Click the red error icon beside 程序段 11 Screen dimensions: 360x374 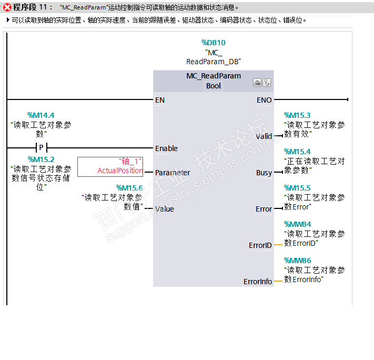(x=7, y=7)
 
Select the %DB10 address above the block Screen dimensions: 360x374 (x=213, y=43)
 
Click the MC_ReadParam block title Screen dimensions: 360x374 (x=213, y=76)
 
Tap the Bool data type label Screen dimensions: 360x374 (x=213, y=86)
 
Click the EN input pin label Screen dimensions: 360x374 (x=160, y=100)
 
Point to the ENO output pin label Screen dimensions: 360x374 (x=264, y=100)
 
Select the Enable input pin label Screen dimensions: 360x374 (x=166, y=148)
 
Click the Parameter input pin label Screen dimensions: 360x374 (x=172, y=173)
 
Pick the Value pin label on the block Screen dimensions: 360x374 (x=164, y=209)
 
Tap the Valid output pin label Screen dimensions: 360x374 (x=264, y=136)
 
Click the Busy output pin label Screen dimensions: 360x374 (x=264, y=173)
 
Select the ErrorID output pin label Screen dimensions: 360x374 (x=260, y=245)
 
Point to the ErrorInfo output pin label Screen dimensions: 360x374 (x=258, y=282)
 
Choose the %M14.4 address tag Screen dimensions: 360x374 (x=41, y=115)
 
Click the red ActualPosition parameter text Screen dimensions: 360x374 (x=120, y=171)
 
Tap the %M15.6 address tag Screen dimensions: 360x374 (x=129, y=188)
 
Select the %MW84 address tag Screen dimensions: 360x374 (x=297, y=224)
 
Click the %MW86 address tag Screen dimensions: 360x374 (x=297, y=261)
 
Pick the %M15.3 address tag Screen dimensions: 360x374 (x=297, y=115)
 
